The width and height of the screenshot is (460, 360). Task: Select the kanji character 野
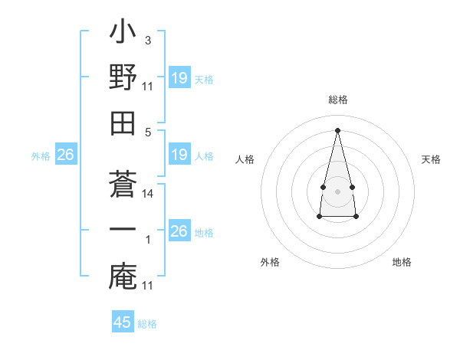tap(123, 78)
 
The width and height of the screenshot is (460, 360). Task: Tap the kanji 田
tap(123, 125)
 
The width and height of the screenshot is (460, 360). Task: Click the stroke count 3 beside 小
tap(148, 39)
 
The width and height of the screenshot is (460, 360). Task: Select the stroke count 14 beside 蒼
tap(148, 194)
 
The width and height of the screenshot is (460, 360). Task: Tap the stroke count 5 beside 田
tap(148, 131)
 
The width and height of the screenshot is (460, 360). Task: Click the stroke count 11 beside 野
tap(148, 86)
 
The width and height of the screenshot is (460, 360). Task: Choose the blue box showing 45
tap(123, 322)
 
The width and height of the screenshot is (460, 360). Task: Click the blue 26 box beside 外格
tap(65, 155)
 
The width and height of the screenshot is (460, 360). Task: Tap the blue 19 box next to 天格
tap(179, 78)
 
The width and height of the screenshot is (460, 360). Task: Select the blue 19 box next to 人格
tap(179, 155)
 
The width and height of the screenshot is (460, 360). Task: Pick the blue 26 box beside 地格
tap(179, 231)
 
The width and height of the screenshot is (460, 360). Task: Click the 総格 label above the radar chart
tap(338, 100)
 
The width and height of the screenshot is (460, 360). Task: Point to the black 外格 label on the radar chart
tap(270, 262)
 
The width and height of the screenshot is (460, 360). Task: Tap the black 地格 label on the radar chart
tap(402, 262)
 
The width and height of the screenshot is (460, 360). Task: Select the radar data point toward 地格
tap(356, 217)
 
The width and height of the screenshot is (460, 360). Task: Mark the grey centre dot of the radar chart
tap(338, 191)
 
